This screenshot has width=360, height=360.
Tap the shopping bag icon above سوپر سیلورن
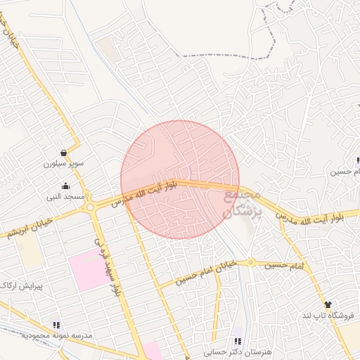click(64, 152)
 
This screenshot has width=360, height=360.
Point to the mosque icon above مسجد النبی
click(65, 186)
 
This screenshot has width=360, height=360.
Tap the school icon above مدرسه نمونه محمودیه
click(57, 325)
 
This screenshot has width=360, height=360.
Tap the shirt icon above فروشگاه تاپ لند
click(327, 304)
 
